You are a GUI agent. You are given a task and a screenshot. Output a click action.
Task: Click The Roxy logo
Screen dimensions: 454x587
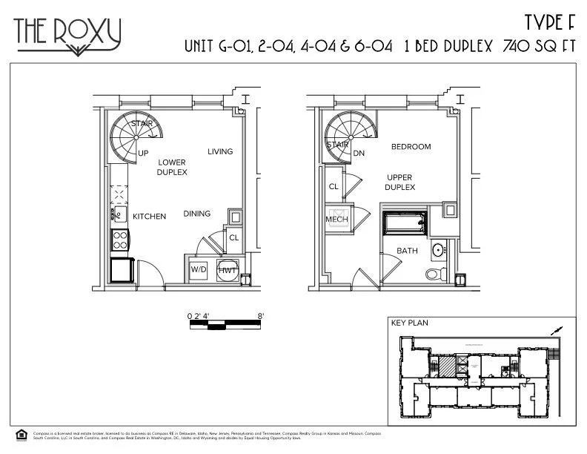tap(67, 34)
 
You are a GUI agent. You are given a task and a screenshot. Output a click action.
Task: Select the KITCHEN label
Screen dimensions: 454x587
tap(149, 217)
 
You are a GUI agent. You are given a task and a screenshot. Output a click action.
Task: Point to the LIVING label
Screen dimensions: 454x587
tap(220, 152)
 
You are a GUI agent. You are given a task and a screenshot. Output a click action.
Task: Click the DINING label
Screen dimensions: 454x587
tap(197, 214)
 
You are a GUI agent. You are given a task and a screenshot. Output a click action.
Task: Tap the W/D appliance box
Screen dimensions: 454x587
tap(199, 270)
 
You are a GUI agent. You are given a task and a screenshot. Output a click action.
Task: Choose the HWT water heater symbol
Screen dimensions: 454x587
tap(227, 270)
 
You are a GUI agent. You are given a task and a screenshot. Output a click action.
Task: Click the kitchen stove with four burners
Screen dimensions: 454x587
tap(119, 239)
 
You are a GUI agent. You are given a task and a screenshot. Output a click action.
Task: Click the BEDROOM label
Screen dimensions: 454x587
tap(411, 147)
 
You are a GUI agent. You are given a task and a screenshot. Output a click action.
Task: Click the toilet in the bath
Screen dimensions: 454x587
tap(434, 274)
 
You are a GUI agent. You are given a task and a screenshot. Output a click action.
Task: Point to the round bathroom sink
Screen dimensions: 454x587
tap(438, 250)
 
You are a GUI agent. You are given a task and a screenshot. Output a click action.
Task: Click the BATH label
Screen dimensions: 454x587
tap(407, 251)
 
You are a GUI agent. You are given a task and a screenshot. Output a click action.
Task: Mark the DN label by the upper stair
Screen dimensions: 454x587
tap(359, 154)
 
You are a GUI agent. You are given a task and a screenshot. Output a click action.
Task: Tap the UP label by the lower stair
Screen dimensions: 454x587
tap(144, 153)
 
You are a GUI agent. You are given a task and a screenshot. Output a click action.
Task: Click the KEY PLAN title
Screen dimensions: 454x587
tap(410, 323)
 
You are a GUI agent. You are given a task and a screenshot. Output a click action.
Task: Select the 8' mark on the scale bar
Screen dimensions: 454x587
tap(260, 316)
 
